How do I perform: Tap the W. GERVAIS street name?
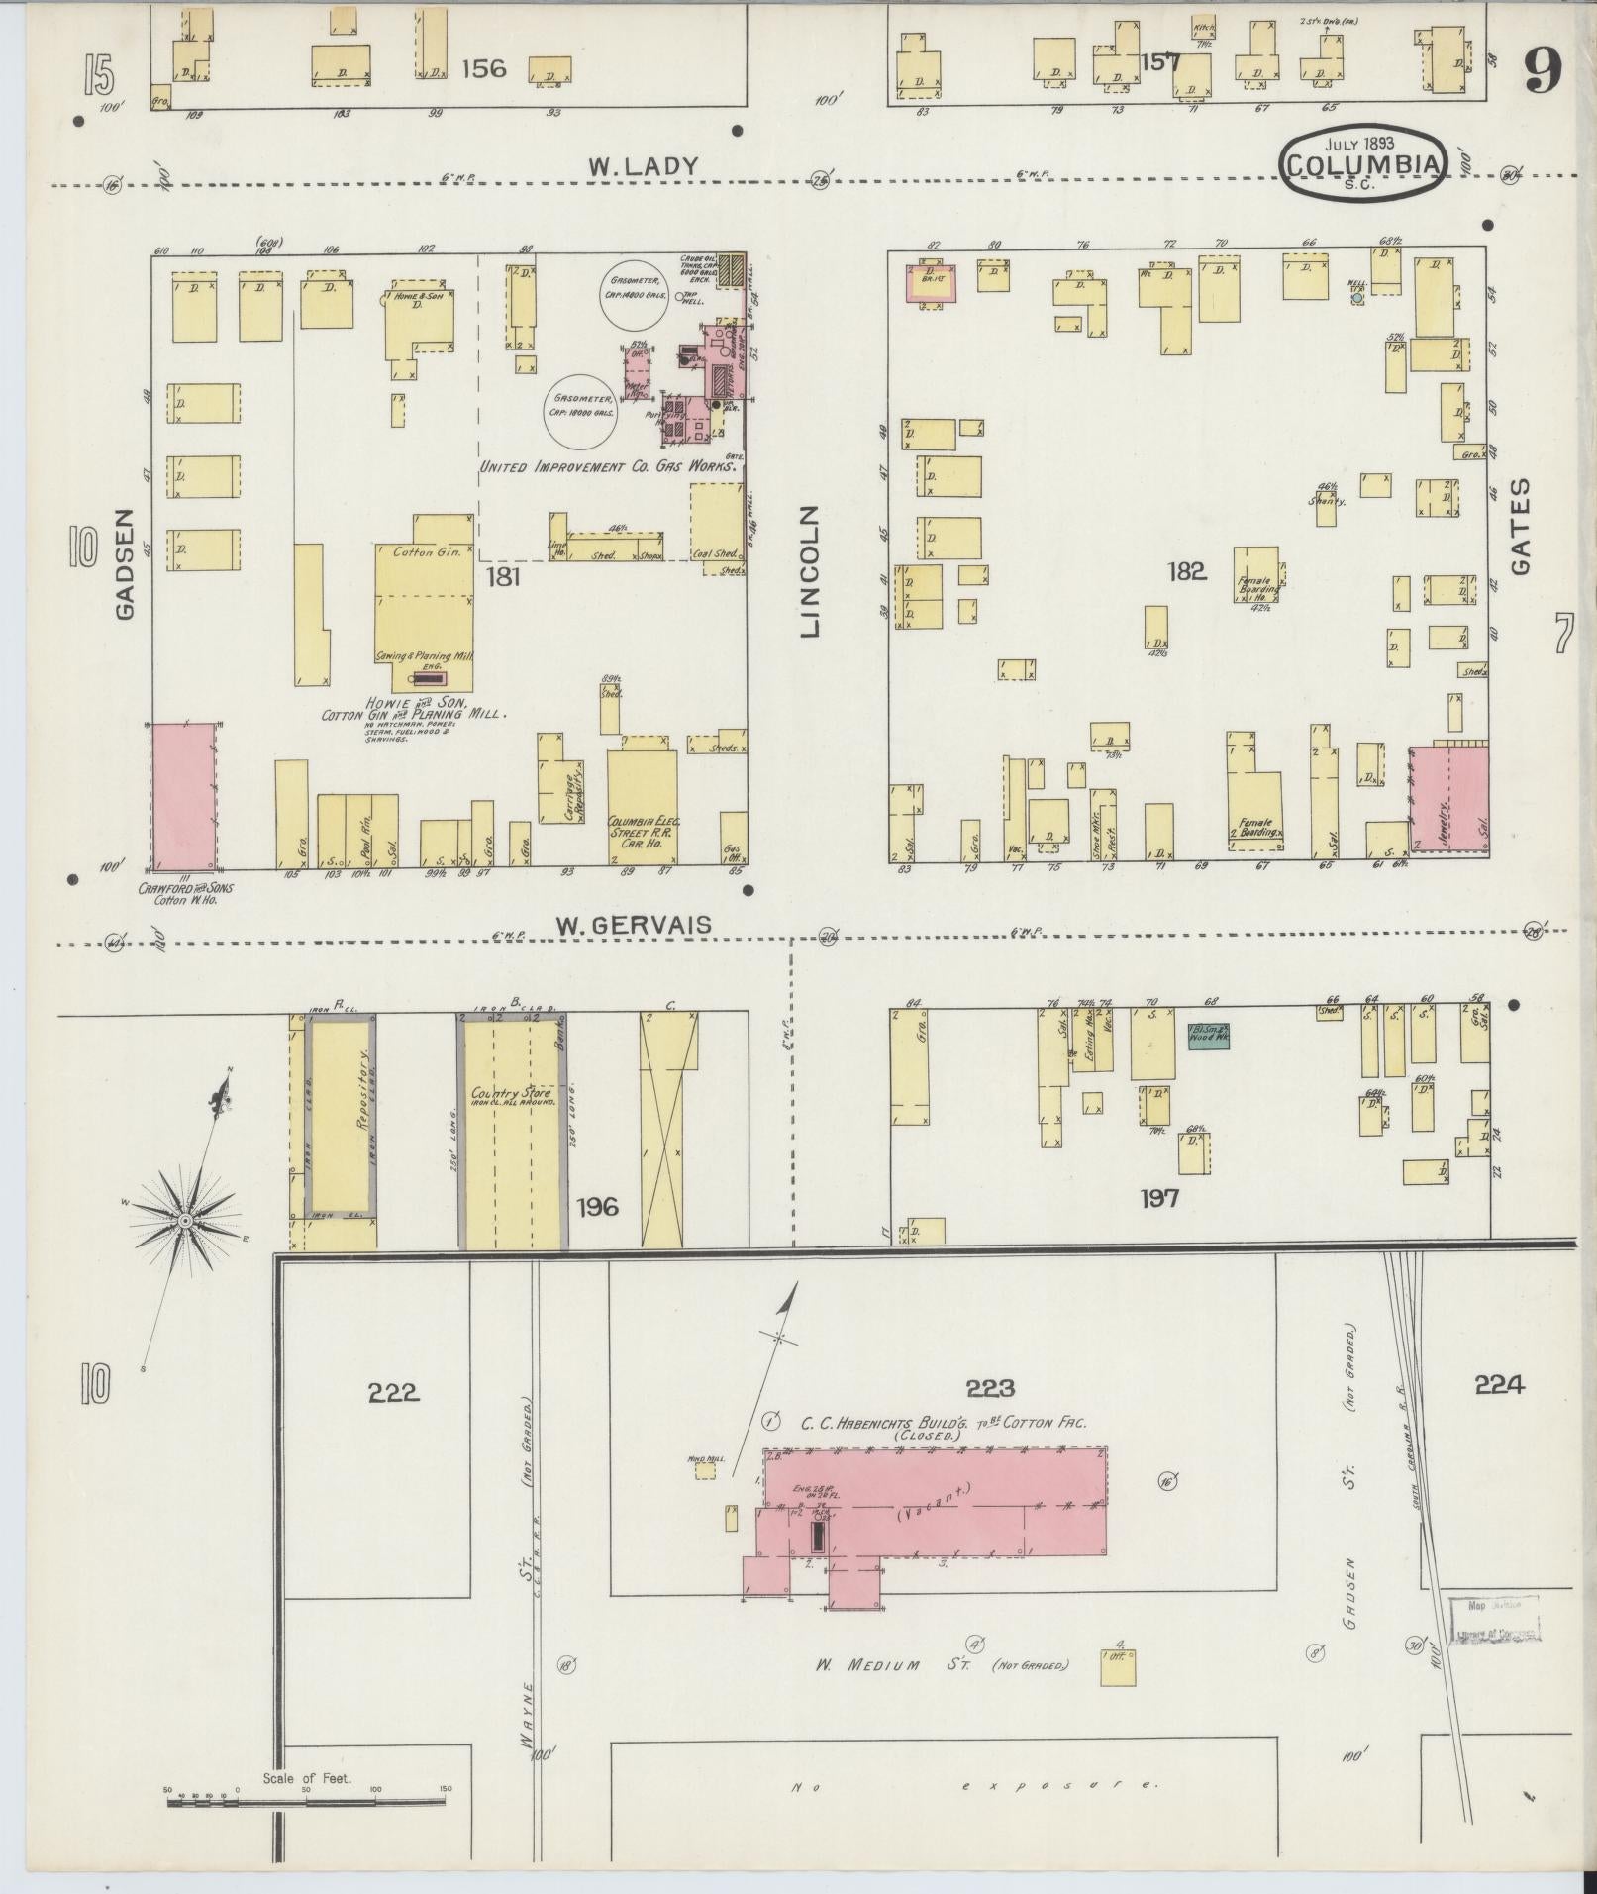point(633,925)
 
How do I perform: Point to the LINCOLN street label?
point(810,571)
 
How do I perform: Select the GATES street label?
point(1521,527)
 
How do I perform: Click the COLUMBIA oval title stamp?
point(1361,164)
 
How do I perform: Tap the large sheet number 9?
point(1543,70)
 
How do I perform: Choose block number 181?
point(503,576)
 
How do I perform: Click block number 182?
point(1186,571)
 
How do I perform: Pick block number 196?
point(598,1206)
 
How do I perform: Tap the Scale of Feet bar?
point(307,1803)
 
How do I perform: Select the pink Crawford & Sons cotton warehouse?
point(183,795)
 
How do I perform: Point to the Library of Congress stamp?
point(1494,1619)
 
